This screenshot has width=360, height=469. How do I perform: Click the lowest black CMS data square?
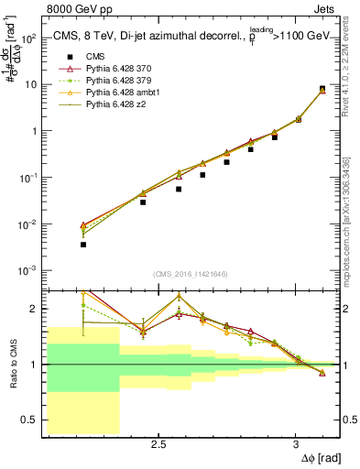point(83,245)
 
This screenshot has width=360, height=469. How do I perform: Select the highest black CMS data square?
point(322,89)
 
